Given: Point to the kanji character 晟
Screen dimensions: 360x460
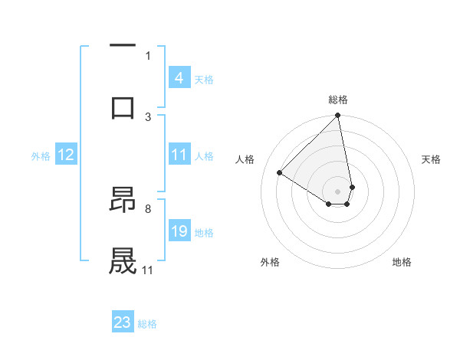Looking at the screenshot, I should [x=123, y=261].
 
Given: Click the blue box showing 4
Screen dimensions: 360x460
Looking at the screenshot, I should [x=179, y=78].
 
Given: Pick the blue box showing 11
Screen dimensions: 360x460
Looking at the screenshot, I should [x=179, y=155].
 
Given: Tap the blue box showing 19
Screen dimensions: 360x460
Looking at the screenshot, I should [x=179, y=232].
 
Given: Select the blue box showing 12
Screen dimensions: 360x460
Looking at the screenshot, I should [x=66, y=155].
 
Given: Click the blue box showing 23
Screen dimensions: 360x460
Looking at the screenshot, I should [x=123, y=322].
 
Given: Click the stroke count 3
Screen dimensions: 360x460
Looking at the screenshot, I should [x=148, y=116].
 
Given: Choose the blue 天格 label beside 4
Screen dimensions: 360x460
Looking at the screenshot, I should [x=204, y=79].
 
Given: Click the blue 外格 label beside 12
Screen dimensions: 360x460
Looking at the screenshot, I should [x=41, y=156].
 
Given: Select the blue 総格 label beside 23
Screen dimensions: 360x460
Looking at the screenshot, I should [x=147, y=324].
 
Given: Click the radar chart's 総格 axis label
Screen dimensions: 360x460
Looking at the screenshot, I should [x=338, y=100].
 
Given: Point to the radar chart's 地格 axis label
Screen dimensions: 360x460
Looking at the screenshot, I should [x=402, y=263].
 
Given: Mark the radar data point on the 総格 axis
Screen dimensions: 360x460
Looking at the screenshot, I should [x=337, y=116].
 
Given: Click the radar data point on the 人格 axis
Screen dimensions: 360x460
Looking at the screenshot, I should [x=280, y=173].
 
